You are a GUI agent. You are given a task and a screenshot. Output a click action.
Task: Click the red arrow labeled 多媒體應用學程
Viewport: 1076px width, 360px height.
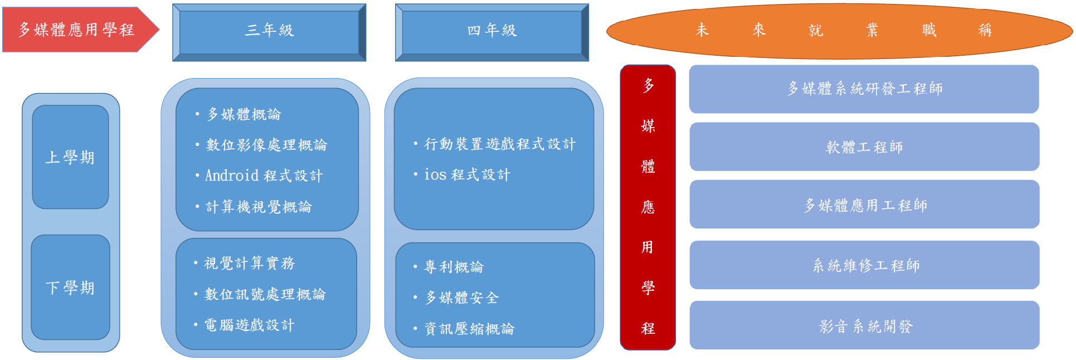point(78,30)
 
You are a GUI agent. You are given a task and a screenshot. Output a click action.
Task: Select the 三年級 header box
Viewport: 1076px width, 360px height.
point(269,32)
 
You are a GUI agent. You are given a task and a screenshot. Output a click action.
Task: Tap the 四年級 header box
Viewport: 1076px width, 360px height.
point(492,32)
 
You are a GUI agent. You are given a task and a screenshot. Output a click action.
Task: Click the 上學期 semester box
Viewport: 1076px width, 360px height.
point(70,157)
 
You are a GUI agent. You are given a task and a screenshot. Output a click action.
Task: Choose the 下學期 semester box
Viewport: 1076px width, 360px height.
point(70,288)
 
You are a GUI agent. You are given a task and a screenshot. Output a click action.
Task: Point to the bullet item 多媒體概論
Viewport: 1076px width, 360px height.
point(244,115)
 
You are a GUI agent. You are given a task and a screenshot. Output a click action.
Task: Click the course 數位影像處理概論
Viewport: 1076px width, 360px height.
point(266,145)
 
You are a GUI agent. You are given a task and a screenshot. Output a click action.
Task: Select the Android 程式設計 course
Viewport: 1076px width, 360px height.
point(264,176)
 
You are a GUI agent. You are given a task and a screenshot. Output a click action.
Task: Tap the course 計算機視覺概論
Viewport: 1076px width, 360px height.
point(259,207)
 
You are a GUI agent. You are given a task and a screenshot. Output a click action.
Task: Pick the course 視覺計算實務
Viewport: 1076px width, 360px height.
point(249,263)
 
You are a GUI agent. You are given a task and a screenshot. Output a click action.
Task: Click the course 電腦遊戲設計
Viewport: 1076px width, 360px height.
point(249,325)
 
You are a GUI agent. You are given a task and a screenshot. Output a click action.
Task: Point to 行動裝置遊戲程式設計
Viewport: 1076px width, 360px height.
point(500,144)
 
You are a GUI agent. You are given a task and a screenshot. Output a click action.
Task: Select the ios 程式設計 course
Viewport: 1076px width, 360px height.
point(467,175)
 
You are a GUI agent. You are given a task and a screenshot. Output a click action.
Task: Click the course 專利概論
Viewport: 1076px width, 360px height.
point(454,267)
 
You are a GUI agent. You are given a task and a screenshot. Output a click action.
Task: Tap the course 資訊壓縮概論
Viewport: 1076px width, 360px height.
point(469,329)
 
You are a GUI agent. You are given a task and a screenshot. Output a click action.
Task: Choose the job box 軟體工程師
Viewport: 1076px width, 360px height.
point(864,147)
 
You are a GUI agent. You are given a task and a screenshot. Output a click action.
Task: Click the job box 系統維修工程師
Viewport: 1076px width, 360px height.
point(864,265)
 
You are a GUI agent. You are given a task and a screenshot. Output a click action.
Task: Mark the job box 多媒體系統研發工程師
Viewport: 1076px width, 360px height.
point(864,89)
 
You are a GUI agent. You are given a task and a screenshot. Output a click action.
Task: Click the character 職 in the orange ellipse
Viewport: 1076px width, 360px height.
point(929,30)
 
